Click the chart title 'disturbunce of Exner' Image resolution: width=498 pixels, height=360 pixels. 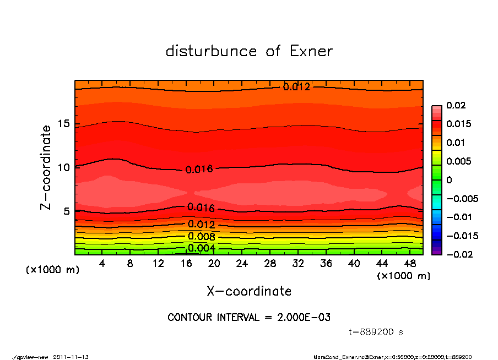pos(249,51)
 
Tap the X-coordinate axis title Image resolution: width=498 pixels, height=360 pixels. pos(249,291)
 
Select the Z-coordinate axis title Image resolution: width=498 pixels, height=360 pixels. pos(46,167)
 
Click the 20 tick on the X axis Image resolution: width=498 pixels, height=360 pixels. pos(214,264)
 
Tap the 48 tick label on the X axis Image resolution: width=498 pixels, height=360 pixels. pos(410,264)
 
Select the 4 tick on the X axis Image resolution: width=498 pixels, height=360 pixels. pos(102,264)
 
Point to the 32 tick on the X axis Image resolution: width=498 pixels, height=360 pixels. pos(299,264)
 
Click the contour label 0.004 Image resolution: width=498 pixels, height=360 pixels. pos(201,248)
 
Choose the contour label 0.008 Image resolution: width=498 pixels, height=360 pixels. pos(201,237)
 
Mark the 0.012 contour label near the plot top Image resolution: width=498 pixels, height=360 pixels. pos(296,86)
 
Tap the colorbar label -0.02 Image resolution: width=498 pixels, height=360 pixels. pos(458,254)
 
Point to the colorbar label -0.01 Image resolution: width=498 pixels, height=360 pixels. pos(458,217)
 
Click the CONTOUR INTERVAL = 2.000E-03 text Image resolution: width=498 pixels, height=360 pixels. pos(249,318)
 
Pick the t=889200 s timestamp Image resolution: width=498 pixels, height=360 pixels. pos(377,332)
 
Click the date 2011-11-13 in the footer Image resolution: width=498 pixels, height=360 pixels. pos(71,357)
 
